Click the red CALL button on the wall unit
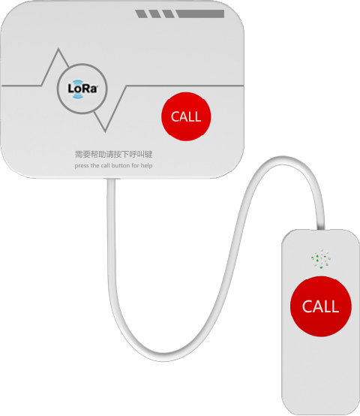pos(186,116)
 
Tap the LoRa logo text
pos(82,89)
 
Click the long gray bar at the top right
pos(200,14)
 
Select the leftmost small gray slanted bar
pos(141,14)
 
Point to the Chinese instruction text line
pos(114,154)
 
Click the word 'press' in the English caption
pos(82,166)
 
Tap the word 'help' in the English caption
pos(146,165)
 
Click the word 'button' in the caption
pos(121,165)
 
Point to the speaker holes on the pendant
pos(321,258)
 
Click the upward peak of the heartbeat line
pos(58,49)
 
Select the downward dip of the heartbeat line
pos(105,131)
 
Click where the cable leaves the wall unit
pos(111,180)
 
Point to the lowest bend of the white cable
pos(163,357)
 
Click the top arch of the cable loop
pos(283,160)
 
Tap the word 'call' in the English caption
pos(105,165)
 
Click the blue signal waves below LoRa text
pos(77,96)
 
